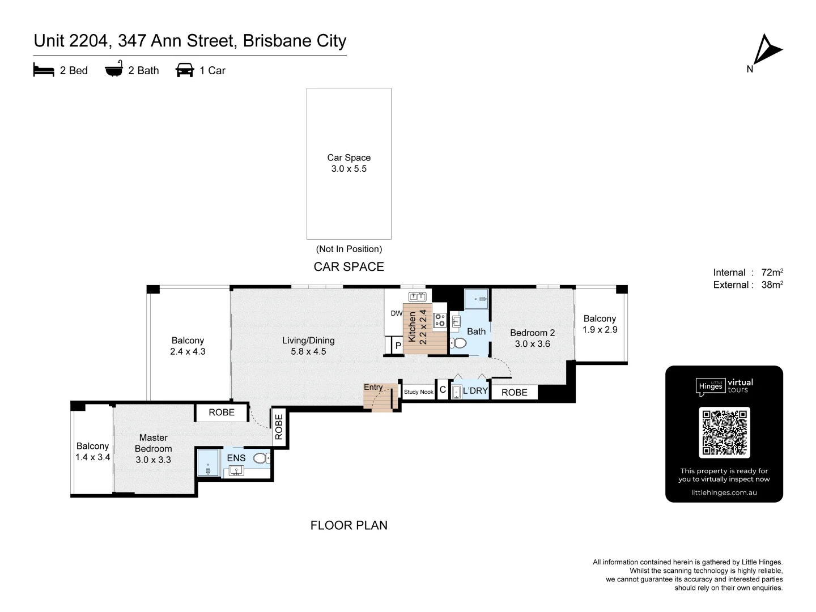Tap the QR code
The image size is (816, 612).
(x=724, y=432)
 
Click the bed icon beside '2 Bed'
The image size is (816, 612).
(x=44, y=70)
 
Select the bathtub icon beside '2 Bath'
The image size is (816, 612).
(x=114, y=69)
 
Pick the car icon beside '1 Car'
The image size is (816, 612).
(x=185, y=70)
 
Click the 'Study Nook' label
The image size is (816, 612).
(x=419, y=392)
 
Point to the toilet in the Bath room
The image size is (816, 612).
(x=459, y=343)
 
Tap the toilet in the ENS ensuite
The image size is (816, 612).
(x=261, y=458)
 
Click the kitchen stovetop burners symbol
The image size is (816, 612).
(x=440, y=320)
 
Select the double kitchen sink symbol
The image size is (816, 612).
(x=417, y=296)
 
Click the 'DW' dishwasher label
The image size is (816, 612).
(x=396, y=313)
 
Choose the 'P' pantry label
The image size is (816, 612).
(x=398, y=346)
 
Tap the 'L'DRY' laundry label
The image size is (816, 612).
(x=475, y=390)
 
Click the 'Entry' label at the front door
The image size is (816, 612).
(x=373, y=387)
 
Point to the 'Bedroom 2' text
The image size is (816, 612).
(x=532, y=333)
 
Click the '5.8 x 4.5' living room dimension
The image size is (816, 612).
(x=308, y=351)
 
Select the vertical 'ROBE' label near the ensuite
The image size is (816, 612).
(x=279, y=427)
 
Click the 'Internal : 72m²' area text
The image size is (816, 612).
(x=748, y=273)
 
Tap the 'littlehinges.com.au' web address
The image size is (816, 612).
(x=724, y=492)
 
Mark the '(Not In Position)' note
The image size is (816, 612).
(x=348, y=249)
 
